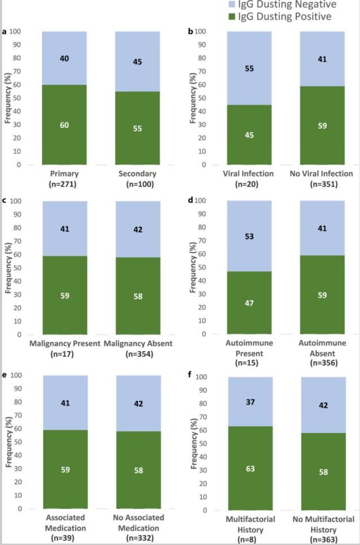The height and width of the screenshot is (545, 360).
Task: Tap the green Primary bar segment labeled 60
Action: (x=64, y=124)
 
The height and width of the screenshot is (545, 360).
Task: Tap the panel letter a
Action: (x=4, y=31)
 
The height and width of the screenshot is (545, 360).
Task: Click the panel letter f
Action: (x=190, y=376)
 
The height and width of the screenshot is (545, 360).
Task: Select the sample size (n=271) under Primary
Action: (x=64, y=184)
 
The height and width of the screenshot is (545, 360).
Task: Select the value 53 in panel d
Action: (x=249, y=236)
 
